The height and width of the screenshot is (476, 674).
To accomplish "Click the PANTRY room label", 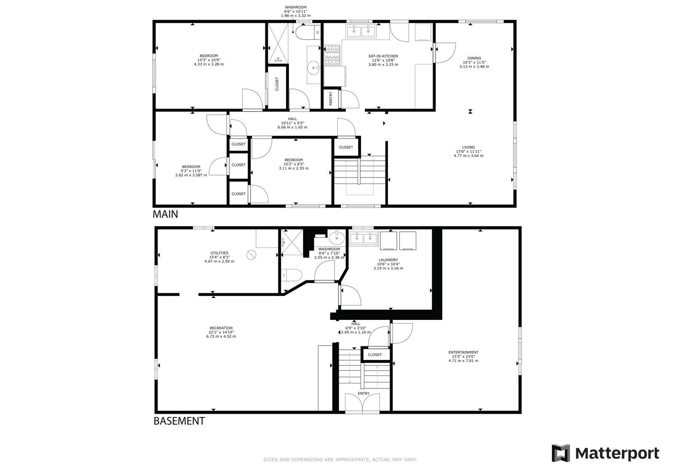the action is point(331,98).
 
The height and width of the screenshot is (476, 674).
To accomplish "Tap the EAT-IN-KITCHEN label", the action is point(383,56).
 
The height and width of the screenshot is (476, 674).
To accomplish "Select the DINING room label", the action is point(474,59).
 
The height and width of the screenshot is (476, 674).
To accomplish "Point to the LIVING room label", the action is point(468,147).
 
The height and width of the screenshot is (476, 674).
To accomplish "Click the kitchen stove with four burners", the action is point(332,55).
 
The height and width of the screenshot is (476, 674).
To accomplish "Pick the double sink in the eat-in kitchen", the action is point(361,31).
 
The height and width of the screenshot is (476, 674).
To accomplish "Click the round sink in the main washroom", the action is point(314,68).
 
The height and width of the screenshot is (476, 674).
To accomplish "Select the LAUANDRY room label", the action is point(388,260).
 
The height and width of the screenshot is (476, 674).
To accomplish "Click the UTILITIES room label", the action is point(219,253).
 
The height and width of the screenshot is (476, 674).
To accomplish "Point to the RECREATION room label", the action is point(221,328).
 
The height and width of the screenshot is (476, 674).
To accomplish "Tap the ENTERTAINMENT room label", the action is point(463,352).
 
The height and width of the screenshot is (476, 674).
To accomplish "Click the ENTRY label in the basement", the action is point(364,394).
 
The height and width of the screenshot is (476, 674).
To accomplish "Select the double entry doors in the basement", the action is point(362,403).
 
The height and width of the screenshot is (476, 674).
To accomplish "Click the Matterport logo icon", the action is point(561,453).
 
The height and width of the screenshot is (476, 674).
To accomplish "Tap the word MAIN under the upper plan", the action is point(165,214).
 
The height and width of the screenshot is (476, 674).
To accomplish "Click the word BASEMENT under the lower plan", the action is point(179,421).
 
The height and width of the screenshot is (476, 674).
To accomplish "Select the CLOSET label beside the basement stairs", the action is point(374,355).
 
